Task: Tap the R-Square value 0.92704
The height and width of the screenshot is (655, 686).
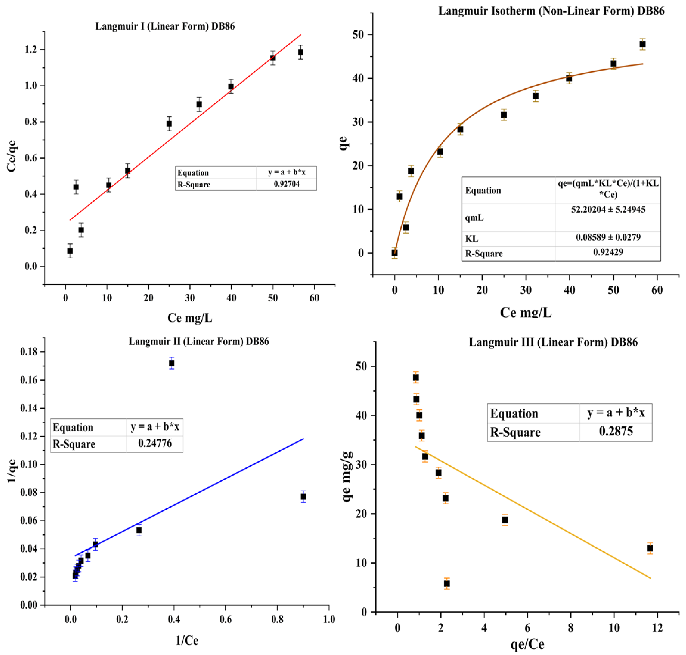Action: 286,184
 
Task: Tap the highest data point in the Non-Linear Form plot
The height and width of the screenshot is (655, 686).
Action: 642,44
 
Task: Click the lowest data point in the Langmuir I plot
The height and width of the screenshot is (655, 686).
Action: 70,251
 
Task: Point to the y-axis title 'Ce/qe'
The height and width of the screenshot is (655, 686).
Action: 12,156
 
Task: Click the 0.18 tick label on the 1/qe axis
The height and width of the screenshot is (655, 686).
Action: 29,352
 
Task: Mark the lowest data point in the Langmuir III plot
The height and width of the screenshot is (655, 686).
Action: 447,583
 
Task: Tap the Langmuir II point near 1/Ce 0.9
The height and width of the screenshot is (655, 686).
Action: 303,496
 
